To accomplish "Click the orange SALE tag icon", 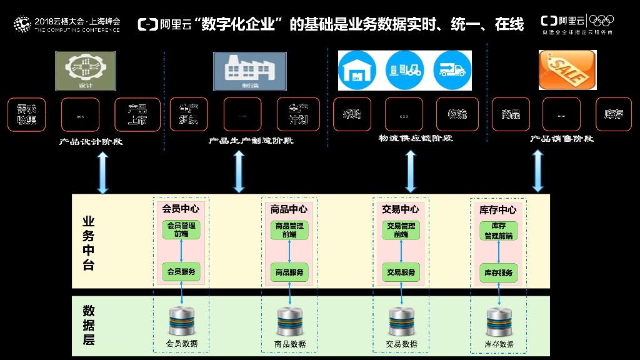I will (x=567, y=70).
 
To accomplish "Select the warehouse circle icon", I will (x=357, y=70).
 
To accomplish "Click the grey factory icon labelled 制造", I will (x=250, y=71).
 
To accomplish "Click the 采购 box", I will (x=352, y=114).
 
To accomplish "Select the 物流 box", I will (x=457, y=114).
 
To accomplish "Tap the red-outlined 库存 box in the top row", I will (x=613, y=114).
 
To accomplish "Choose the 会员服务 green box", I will (x=181, y=272).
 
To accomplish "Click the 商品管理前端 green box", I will (x=289, y=229).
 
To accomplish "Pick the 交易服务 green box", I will (x=401, y=272).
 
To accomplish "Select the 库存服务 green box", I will (x=498, y=272).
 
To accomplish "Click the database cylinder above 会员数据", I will (x=181, y=320).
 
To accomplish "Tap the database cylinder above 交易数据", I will (x=401, y=320).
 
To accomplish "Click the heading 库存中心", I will (x=498, y=210).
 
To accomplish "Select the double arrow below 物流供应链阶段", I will (x=411, y=170).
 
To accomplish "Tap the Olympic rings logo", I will (x=601, y=21).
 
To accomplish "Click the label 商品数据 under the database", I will (x=290, y=344).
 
